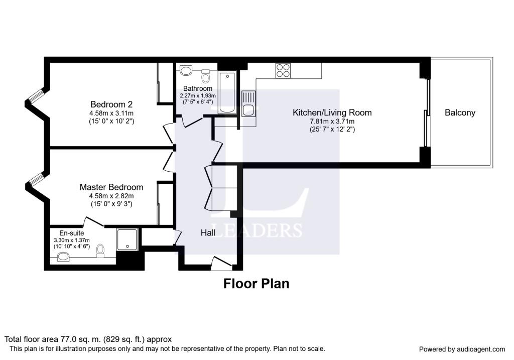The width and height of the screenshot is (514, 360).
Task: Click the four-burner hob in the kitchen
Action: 283,70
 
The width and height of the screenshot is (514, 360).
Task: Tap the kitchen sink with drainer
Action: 248,103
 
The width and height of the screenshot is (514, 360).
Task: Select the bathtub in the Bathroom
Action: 227,93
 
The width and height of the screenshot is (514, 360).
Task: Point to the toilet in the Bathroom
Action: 205,76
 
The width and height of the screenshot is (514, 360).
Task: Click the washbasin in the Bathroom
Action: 186,70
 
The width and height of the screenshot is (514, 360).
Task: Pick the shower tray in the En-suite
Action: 127,239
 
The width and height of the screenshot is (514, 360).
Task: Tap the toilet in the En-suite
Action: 100,251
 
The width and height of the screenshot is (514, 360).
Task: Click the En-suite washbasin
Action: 63,257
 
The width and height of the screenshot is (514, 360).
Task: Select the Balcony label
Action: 460,113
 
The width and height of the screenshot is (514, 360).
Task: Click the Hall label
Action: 208,233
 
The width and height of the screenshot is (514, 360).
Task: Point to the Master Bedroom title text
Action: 111,187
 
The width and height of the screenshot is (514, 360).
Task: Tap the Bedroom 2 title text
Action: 111,104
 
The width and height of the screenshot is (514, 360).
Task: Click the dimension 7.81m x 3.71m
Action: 332,122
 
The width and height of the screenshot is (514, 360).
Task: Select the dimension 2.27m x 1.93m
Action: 198,96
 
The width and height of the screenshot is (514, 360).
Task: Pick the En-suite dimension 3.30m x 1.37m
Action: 72,241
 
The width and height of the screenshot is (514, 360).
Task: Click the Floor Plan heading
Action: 256,284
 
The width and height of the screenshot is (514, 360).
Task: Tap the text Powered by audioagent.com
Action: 462,349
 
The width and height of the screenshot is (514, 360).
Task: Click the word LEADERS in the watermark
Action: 256,230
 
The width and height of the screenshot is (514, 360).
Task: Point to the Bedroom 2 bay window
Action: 36,95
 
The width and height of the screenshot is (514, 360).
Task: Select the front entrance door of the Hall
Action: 221,263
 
